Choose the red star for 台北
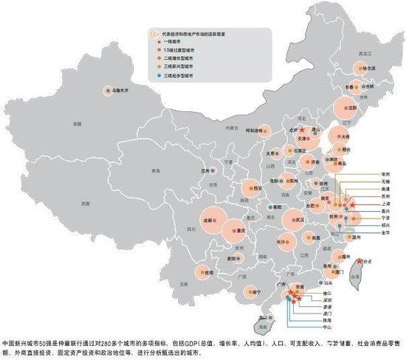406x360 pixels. point(359,260)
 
